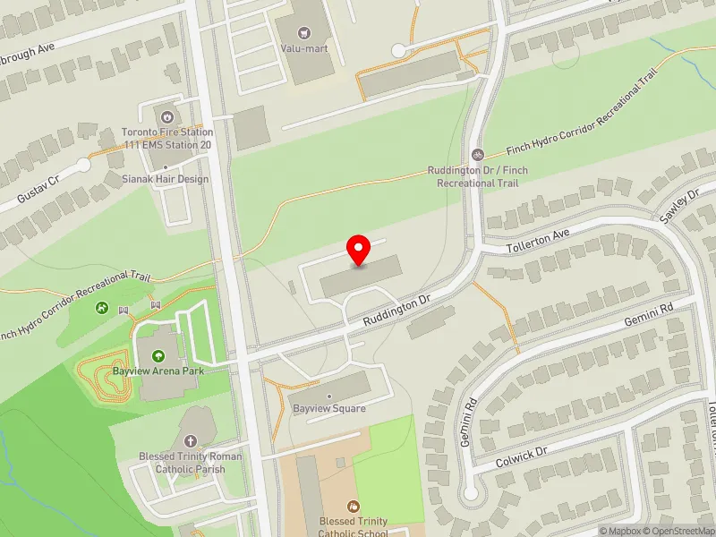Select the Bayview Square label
329,409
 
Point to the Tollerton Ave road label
538,237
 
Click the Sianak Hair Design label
166,179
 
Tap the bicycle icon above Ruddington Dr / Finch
478,154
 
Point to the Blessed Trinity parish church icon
190,441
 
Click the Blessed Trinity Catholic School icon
353,507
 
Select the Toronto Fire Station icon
167,117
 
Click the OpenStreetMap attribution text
678,530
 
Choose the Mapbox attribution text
620,530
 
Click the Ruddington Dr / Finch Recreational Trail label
477,176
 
